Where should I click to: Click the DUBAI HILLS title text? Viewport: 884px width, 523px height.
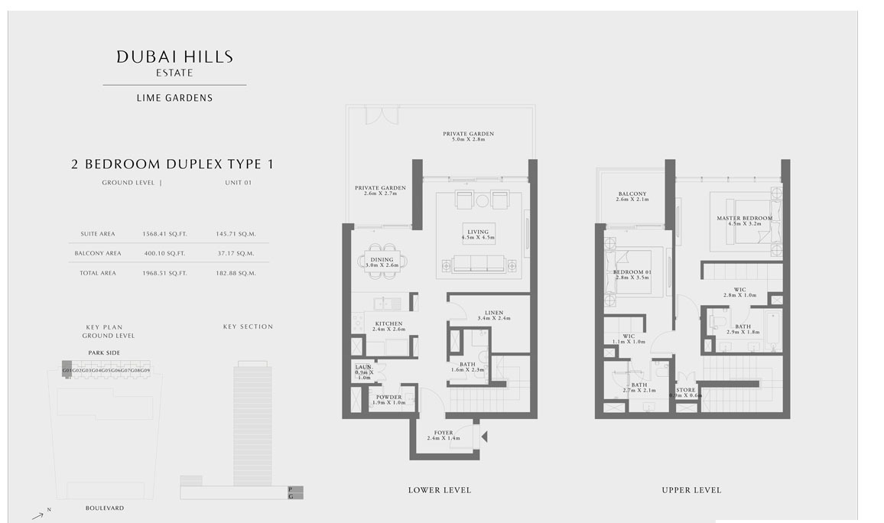[x=174, y=57]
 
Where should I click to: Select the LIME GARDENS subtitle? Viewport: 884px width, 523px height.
[x=174, y=98]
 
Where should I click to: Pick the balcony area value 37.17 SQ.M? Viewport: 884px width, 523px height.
[x=236, y=253]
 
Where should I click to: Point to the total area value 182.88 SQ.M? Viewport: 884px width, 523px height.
[x=236, y=273]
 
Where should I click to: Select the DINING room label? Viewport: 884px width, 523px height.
[x=382, y=260]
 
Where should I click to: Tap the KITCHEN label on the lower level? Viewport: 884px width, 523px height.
[x=388, y=324]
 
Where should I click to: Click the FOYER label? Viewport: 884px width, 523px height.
[x=444, y=434]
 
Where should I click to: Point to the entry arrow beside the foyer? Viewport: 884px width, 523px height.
[x=483, y=437]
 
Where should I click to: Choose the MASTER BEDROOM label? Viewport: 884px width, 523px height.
[x=745, y=219]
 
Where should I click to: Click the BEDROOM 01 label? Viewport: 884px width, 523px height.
[x=632, y=273]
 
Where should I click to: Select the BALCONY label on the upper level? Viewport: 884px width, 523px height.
[x=632, y=194]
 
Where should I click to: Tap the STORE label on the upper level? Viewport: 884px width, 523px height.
[x=686, y=390]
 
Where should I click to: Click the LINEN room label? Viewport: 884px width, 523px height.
[x=493, y=313]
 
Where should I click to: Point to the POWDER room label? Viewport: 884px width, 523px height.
[x=388, y=398]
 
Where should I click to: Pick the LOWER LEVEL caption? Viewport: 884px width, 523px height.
[x=440, y=490]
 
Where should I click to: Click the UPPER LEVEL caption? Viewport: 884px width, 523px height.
[x=691, y=490]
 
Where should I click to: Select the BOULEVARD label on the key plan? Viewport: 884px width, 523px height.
[x=105, y=508]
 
